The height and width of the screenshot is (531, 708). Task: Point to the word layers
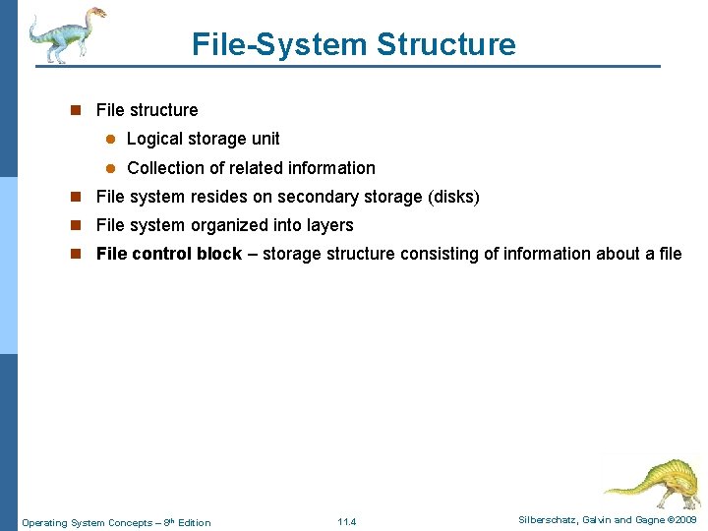tap(329, 225)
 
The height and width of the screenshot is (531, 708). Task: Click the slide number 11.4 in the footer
tap(346, 522)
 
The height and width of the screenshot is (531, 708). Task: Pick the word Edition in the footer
tap(193, 522)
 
